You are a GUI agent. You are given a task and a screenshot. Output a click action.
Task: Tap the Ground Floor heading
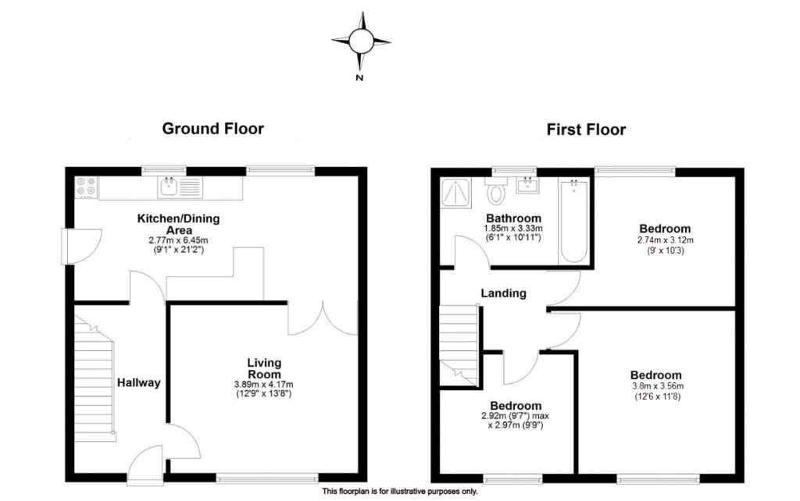pos(212,129)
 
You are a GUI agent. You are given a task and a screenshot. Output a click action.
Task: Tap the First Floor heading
pos(586,130)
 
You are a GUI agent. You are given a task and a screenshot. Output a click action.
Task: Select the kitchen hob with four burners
pos(86,187)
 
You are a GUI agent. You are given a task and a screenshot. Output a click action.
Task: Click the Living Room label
pos(265,368)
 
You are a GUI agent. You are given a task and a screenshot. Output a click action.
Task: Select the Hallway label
pos(138,382)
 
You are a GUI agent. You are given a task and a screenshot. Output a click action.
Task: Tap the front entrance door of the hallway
pos(144,467)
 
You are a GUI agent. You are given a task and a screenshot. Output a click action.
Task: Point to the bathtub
pos(573,222)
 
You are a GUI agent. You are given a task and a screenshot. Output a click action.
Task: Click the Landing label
pos(503,293)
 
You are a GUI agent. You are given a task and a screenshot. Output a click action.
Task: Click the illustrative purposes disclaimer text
pos(399,492)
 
